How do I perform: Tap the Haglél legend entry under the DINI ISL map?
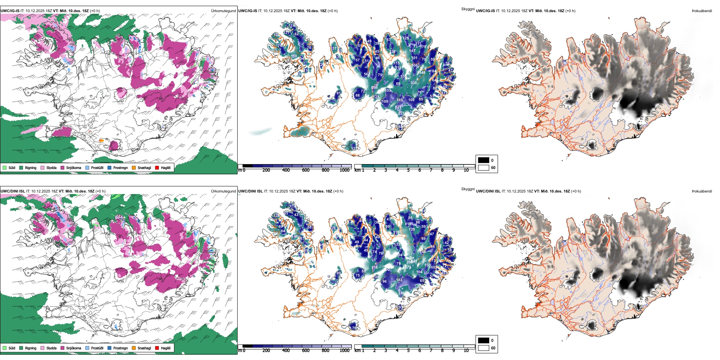pos(166,348)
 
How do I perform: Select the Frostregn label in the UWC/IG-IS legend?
pos(121,167)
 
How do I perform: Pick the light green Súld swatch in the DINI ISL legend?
pos(5,348)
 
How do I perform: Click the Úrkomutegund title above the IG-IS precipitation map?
pos(223,11)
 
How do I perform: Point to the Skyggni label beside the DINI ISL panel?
pos(468,189)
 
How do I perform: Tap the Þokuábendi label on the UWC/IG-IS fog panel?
pos(702,11)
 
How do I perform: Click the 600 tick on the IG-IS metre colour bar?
pos(305,170)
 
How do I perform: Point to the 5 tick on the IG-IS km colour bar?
pos(408,170)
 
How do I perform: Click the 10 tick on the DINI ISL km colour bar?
pos(466,351)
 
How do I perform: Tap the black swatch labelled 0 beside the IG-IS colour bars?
pos(484,160)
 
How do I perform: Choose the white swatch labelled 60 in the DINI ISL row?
pos(484,348)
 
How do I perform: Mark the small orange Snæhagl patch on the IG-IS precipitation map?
pos(101,140)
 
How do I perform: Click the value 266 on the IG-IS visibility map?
pos(374,88)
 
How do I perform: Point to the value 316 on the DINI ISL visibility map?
pos(374,268)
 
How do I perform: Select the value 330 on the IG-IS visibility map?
pos(413,83)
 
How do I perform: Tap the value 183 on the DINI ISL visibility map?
pos(399,280)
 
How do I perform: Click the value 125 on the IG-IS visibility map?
pos(406,38)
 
